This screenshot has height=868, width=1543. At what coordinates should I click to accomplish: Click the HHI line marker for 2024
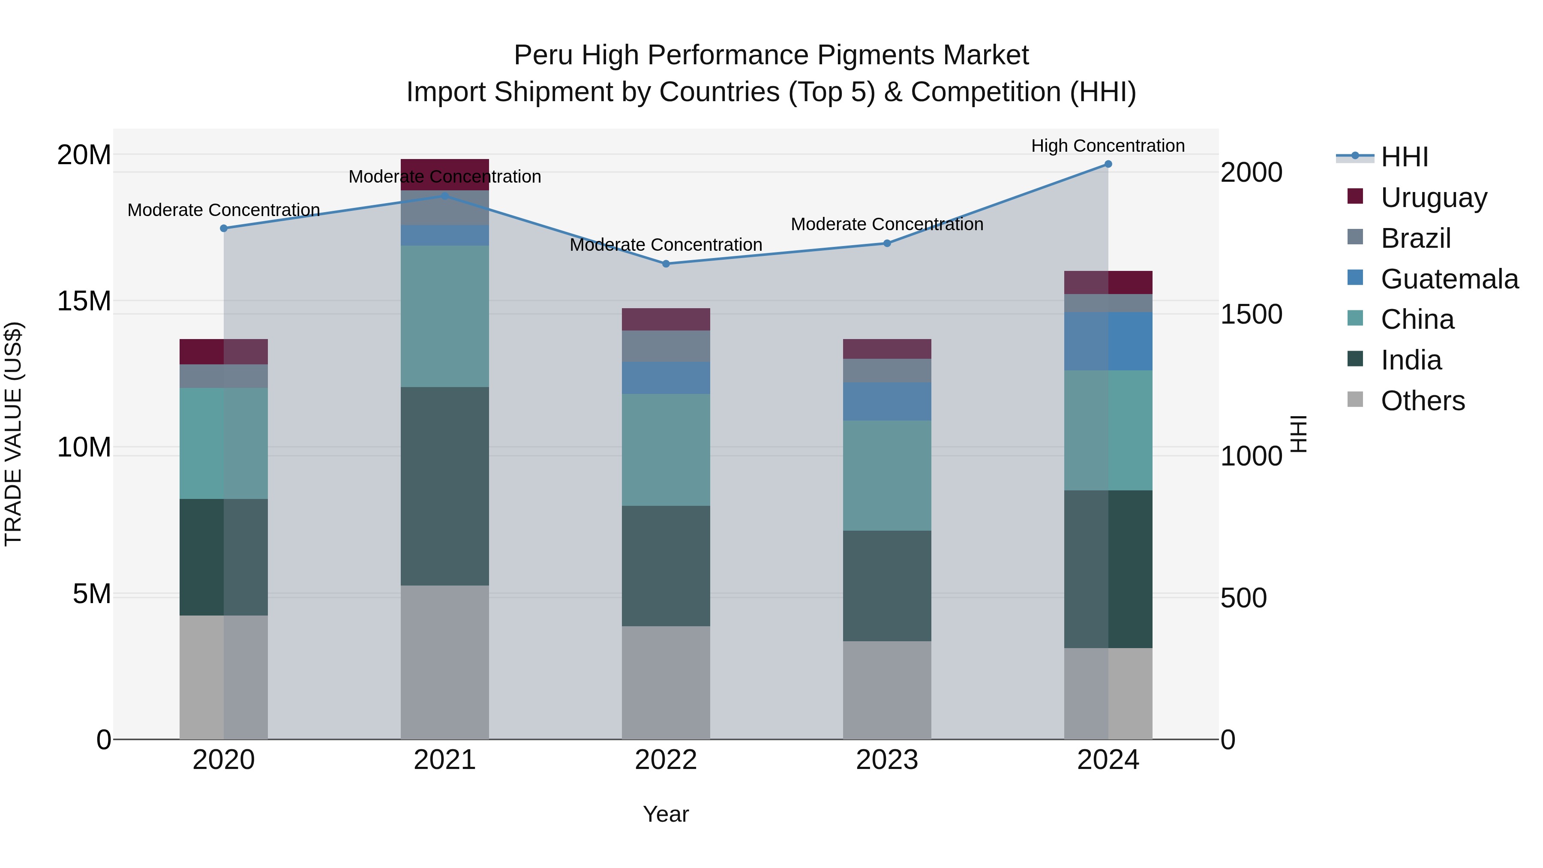(1108, 164)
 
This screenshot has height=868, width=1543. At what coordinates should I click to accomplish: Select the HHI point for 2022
(666, 264)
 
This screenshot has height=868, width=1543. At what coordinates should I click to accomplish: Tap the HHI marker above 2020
(223, 228)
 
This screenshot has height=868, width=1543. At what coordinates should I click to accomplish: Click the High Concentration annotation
(1108, 146)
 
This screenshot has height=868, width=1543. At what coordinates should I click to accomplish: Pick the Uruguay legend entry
(1433, 198)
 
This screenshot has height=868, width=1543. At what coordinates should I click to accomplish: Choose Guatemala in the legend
(1449, 279)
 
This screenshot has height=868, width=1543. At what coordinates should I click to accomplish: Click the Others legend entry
(1423, 401)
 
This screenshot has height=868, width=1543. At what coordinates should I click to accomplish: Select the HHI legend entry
(1404, 157)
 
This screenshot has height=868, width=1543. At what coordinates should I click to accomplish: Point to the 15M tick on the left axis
(84, 301)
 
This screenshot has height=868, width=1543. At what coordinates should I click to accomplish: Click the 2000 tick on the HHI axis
(1251, 172)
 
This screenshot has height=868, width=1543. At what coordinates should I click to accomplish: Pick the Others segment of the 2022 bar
(666, 682)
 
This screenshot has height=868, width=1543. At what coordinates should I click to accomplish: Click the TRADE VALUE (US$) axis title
(13, 434)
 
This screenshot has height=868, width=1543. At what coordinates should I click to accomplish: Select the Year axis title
(666, 815)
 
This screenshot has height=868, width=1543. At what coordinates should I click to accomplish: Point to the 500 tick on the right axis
(1243, 598)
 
